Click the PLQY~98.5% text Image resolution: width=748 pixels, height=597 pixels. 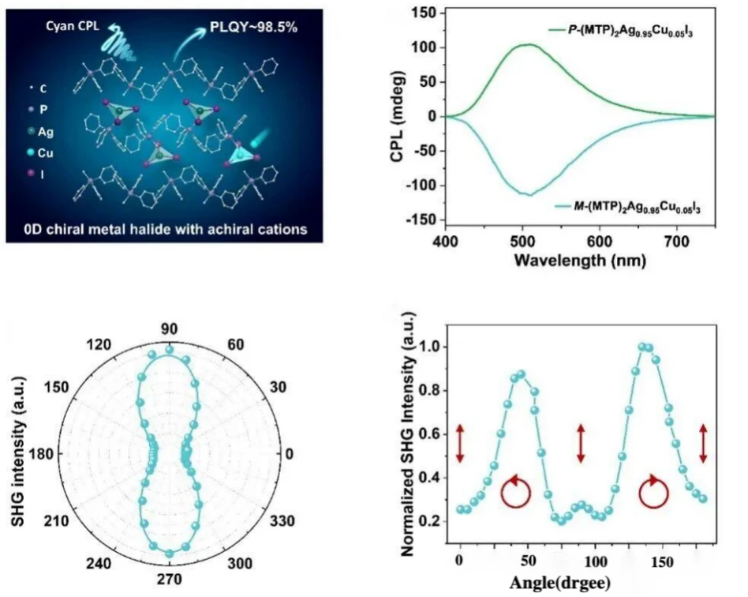(x=254, y=27)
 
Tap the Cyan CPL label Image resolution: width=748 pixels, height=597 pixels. (x=73, y=26)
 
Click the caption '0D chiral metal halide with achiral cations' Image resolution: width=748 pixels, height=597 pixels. (x=166, y=229)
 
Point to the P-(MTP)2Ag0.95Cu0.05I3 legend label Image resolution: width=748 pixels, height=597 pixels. (x=630, y=31)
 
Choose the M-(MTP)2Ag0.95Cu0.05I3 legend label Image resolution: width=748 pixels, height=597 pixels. (x=637, y=208)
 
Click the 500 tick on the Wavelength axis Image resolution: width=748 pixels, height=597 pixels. (x=523, y=242)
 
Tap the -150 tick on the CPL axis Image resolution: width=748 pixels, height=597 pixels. (x=421, y=220)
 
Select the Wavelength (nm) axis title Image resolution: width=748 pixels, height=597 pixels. (x=580, y=261)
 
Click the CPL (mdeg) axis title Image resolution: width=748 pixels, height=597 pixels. (x=398, y=117)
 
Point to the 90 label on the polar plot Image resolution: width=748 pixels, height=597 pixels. (x=170, y=329)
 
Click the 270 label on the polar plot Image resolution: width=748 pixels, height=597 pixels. (x=170, y=580)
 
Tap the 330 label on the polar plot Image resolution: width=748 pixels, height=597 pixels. (x=282, y=520)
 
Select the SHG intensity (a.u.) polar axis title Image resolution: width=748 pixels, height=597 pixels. (x=17, y=452)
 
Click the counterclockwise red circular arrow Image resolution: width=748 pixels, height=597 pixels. (x=516, y=492)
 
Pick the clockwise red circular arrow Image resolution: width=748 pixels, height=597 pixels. (x=653, y=492)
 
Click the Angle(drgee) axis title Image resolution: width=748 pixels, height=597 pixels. (x=560, y=583)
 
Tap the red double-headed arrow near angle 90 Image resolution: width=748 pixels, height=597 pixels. (x=581, y=444)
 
